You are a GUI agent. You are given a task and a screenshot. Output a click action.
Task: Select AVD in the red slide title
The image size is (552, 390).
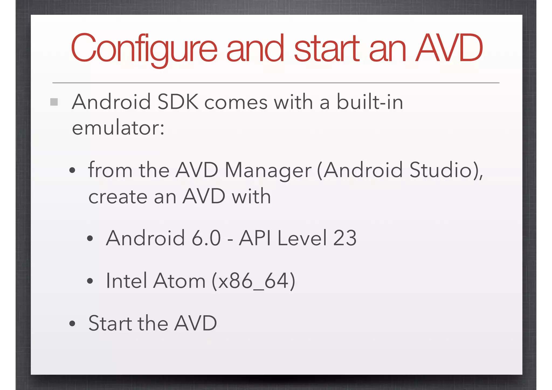449,48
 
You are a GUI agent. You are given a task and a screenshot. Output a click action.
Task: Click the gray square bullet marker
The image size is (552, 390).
54,102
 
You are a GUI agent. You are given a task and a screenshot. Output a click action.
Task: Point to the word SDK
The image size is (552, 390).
178,102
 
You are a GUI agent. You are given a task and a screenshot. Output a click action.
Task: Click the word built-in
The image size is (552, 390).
370,102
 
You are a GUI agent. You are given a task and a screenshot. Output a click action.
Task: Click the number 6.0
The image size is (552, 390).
206,238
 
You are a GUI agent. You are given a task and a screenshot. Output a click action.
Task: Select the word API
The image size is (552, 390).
255,238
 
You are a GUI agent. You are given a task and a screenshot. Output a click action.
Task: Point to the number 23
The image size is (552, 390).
345,238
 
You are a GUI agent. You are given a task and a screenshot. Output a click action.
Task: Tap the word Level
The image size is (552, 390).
302,238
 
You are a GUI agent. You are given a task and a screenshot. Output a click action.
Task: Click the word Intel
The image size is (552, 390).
126,281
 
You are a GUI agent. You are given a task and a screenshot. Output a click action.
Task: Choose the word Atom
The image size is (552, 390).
180,281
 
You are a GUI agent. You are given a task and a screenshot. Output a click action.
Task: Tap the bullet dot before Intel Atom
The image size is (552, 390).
90,281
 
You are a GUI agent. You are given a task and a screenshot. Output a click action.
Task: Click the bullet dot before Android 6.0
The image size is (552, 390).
90,239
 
